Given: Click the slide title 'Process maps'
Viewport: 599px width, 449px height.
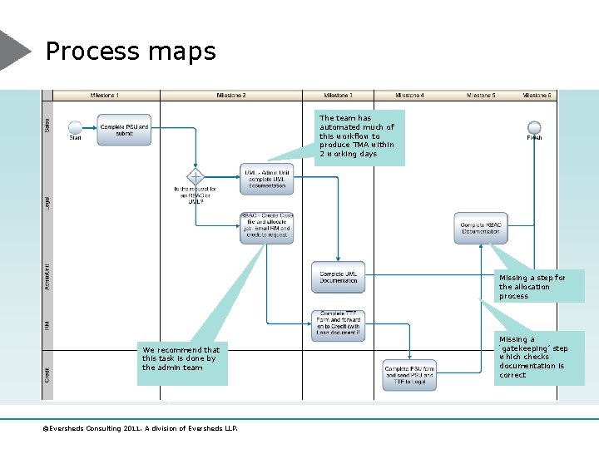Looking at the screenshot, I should tap(131, 52).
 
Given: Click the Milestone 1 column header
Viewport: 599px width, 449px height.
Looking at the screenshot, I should tap(104, 96).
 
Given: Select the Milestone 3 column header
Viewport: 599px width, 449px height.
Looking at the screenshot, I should tap(337, 96).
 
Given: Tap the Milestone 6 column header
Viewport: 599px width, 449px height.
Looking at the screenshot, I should tap(537, 96).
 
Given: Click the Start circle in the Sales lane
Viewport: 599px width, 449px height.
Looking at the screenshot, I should tap(75, 128).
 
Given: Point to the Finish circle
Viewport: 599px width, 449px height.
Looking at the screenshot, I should tap(534, 127).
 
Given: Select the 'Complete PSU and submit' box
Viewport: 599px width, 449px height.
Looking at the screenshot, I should tap(124, 131).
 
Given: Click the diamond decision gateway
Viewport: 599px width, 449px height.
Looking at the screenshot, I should tap(196, 177).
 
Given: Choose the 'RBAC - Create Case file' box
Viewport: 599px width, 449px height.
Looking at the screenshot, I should tap(266, 226).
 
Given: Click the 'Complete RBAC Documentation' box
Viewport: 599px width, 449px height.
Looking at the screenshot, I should tap(480, 227).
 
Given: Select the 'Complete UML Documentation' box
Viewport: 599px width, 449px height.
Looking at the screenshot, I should tap(339, 277).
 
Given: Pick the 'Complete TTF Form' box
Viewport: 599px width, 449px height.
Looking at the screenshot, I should tap(339, 325).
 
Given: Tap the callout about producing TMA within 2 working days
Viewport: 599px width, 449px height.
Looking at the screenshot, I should tap(359, 136).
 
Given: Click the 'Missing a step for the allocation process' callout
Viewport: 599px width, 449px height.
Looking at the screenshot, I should tap(532, 286).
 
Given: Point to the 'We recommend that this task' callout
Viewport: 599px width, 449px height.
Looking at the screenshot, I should tap(181, 358).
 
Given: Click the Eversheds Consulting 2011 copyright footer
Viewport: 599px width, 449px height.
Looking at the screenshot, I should tap(141, 429).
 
